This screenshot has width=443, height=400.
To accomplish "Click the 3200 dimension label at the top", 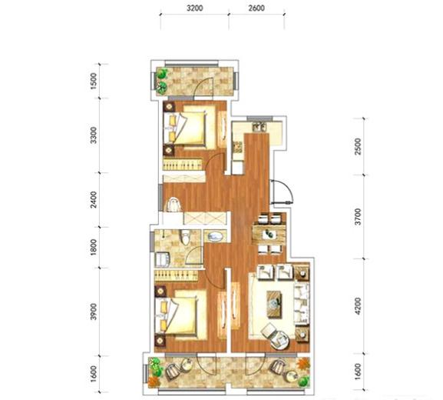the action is click(x=195, y=8).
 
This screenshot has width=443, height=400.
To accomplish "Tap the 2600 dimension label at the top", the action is click(x=256, y=8).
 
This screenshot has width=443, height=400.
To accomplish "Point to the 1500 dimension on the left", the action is click(x=94, y=82).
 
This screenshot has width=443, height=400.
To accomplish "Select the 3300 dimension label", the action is click(x=94, y=135).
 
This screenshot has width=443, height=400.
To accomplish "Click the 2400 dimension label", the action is click(x=94, y=199).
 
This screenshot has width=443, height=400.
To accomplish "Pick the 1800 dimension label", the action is click(x=94, y=247).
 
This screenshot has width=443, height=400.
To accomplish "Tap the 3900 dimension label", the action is click(x=94, y=312).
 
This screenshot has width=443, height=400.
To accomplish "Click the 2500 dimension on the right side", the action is click(x=358, y=146).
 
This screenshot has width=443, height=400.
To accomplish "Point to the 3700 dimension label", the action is click(x=358, y=217).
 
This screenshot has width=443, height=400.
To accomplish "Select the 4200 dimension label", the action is click(x=358, y=306).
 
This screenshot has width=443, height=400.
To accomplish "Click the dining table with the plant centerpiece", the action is click(x=269, y=234).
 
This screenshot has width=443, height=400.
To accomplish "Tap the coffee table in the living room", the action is click(x=274, y=304).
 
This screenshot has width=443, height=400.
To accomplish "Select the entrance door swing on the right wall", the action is click(x=282, y=192).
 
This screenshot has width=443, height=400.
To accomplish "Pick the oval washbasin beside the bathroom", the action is click(x=215, y=236).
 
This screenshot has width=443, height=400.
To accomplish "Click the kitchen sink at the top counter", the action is click(x=260, y=126).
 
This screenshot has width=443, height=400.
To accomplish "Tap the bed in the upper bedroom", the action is click(x=191, y=127).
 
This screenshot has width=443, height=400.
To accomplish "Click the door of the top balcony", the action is click(x=203, y=88).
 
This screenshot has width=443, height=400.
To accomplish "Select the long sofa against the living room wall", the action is click(x=302, y=304).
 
